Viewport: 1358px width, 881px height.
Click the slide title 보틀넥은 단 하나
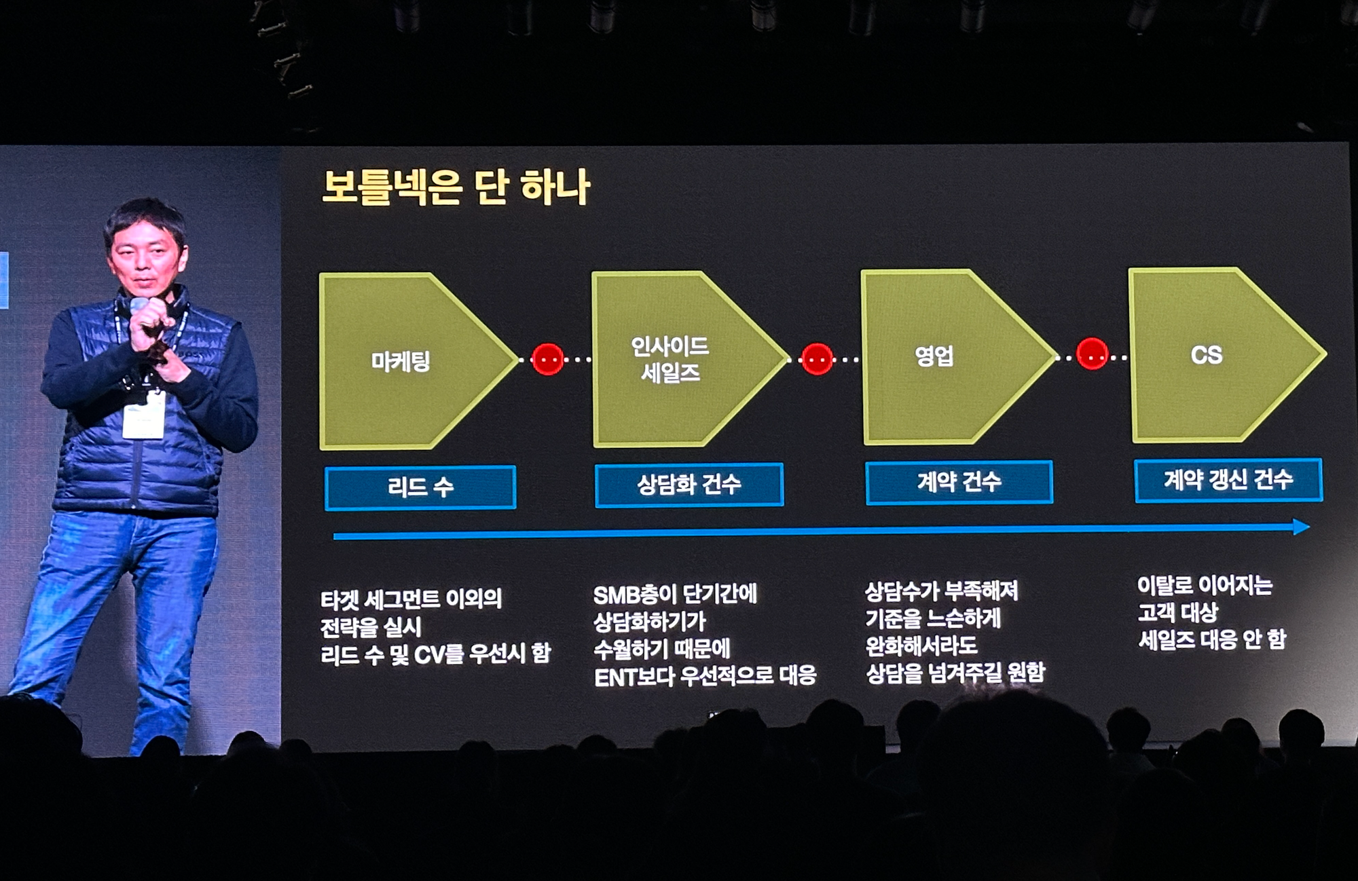(x=456, y=187)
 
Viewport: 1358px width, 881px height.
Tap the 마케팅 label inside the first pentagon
(x=401, y=360)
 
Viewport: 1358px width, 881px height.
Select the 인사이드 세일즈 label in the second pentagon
(x=669, y=359)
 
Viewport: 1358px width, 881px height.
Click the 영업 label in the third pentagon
(x=934, y=355)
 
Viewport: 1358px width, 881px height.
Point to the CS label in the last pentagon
(x=1207, y=354)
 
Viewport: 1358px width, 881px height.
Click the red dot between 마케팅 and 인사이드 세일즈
(x=548, y=359)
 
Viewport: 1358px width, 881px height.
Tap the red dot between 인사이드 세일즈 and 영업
(x=817, y=358)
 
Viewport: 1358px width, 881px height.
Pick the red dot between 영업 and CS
(x=1093, y=354)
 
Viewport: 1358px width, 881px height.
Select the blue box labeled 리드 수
(x=420, y=487)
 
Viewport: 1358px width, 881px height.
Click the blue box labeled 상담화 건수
(x=689, y=484)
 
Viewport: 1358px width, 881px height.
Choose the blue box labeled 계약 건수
(x=959, y=482)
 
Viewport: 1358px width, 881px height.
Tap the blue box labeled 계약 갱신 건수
(x=1228, y=480)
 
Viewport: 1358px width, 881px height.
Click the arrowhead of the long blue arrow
(x=1300, y=527)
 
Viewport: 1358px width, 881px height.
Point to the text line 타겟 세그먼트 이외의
(x=411, y=599)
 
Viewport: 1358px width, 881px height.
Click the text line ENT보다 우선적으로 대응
(x=705, y=676)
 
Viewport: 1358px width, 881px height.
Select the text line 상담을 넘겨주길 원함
(x=955, y=672)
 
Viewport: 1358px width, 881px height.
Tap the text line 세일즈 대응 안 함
(x=1211, y=639)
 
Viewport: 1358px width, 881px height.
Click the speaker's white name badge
(x=143, y=415)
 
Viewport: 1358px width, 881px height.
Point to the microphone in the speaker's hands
(x=139, y=306)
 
